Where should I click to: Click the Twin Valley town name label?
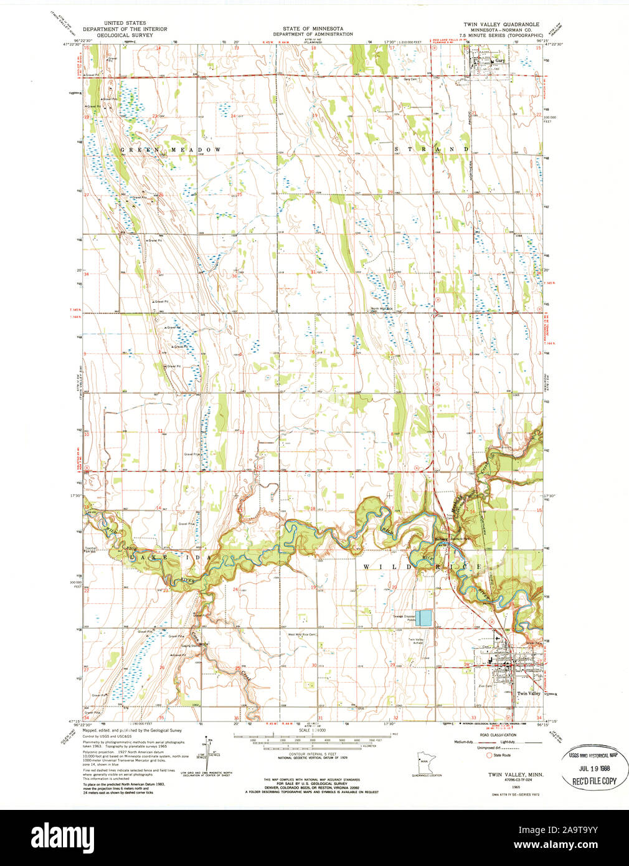529,693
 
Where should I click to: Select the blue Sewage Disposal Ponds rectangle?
425,618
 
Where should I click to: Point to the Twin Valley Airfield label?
419,642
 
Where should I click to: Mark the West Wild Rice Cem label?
301,635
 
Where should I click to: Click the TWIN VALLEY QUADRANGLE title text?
501,24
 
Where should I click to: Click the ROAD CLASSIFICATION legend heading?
501,735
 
